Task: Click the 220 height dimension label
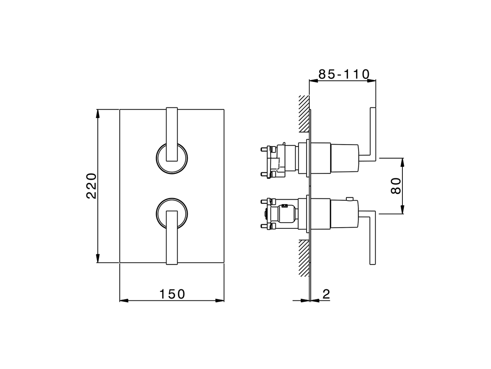pyautogui.click(x=91, y=186)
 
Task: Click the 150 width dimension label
pyautogui.click(x=172, y=294)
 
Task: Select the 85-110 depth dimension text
pyautogui.click(x=344, y=74)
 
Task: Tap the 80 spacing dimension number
pyautogui.click(x=396, y=186)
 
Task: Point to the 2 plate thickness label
pyautogui.click(x=326, y=294)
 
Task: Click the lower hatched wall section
pyautogui.click(x=304, y=258)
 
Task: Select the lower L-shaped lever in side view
pyautogui.click(x=371, y=238)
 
